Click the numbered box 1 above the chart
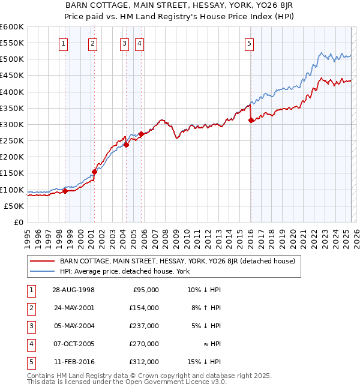point(64,43)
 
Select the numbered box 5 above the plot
point(249,43)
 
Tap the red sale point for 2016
point(250,121)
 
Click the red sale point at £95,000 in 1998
point(65,191)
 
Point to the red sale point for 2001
point(94,172)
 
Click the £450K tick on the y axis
point(12,75)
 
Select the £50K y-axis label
point(14,206)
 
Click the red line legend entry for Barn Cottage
point(177,262)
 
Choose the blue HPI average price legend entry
point(124,271)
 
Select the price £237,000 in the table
point(145,326)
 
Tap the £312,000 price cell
point(145,362)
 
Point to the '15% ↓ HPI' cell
point(205,362)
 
